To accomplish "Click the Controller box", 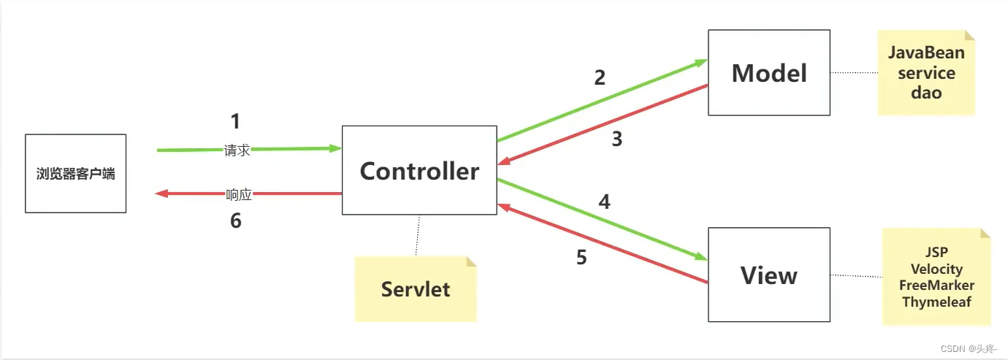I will (x=419, y=171).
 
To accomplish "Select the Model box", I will (x=769, y=73).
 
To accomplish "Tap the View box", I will (x=769, y=275).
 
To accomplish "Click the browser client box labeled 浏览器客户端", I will (x=75, y=174).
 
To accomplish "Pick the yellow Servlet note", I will (x=416, y=289).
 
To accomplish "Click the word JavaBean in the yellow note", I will (x=926, y=53).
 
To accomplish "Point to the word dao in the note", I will (x=926, y=93).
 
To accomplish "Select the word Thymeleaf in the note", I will (x=936, y=301).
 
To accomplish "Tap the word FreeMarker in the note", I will (x=936, y=285).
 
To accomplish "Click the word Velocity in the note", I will (x=936, y=269).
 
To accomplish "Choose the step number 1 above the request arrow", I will (x=234, y=121).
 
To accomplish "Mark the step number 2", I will (x=600, y=77).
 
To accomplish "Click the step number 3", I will (x=617, y=139).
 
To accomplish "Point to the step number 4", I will (x=604, y=202).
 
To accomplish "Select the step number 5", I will (x=581, y=258).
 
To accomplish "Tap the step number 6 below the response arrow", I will (x=235, y=221).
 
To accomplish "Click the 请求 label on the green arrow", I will (x=237, y=150).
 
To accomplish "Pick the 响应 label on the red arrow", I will (x=239, y=195).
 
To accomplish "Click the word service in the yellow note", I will (x=926, y=73).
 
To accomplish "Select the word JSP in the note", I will (x=936, y=253).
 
